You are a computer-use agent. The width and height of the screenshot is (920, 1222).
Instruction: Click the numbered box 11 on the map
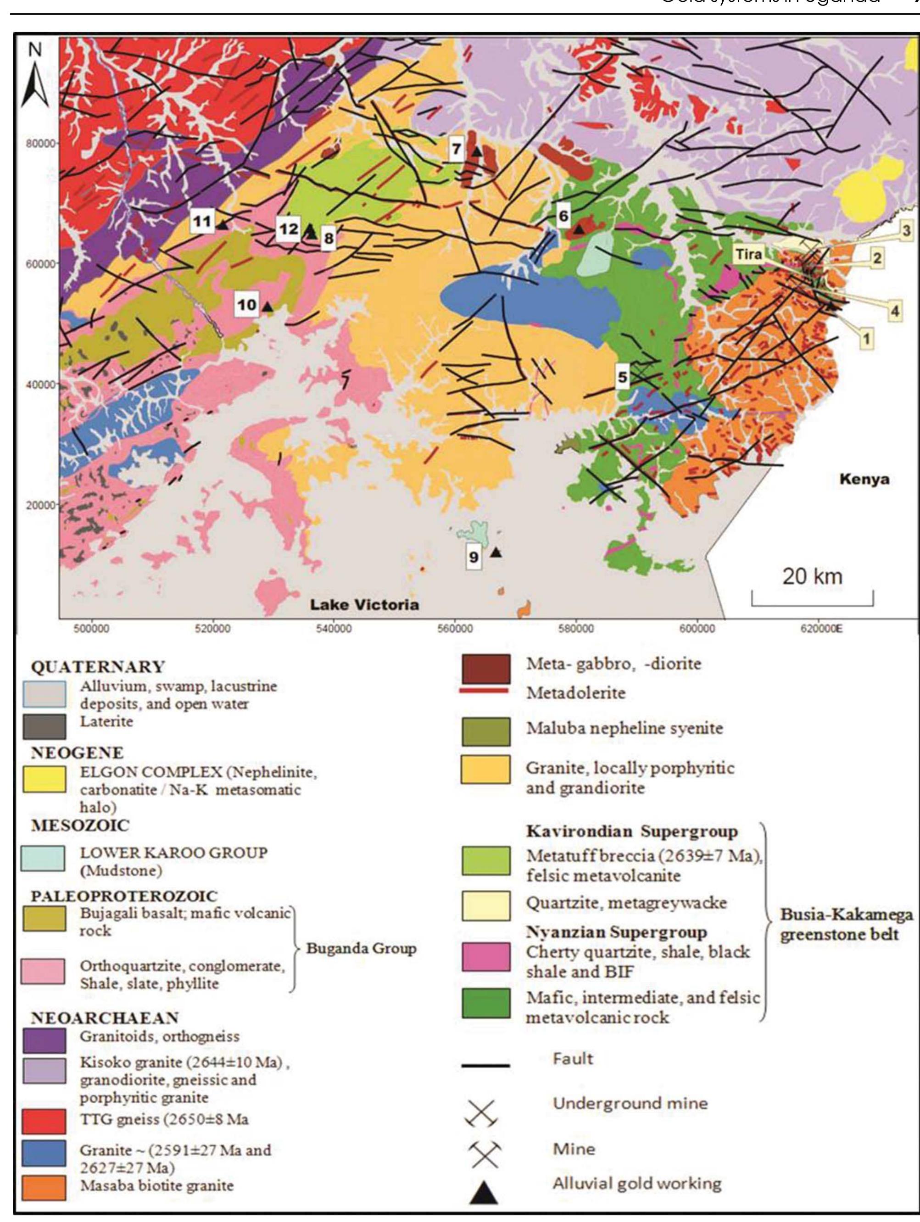tap(202, 222)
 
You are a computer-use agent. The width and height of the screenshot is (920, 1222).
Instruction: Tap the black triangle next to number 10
tap(268, 307)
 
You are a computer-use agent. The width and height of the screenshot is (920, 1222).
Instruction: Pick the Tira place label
tap(748, 254)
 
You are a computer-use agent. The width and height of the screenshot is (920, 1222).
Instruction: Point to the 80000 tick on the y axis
tap(41, 143)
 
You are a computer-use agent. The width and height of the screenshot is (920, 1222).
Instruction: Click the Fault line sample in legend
tap(485, 1065)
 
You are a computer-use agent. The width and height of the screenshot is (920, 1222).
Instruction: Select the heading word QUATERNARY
tap(98, 667)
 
